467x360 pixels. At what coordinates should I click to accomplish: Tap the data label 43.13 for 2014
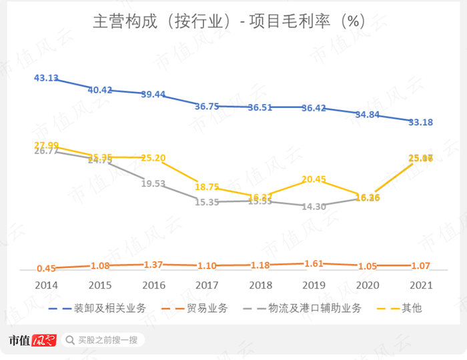(x=46, y=78)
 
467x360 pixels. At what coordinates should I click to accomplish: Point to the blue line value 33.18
(x=420, y=122)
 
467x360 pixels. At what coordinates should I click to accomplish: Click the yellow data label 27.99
(x=46, y=145)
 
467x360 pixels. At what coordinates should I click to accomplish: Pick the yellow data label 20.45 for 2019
(x=314, y=179)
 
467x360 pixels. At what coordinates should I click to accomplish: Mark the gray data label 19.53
(x=153, y=183)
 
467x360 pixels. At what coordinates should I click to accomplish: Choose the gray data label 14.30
(x=314, y=207)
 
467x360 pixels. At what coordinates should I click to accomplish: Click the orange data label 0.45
(x=46, y=268)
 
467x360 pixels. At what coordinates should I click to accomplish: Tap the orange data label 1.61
(x=314, y=264)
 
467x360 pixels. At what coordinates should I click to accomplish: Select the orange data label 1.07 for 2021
(x=420, y=265)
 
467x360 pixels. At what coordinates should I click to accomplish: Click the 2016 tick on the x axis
(x=153, y=285)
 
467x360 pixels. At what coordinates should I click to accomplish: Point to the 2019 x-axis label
(x=314, y=285)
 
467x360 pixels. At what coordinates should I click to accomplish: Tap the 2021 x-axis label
(x=420, y=285)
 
